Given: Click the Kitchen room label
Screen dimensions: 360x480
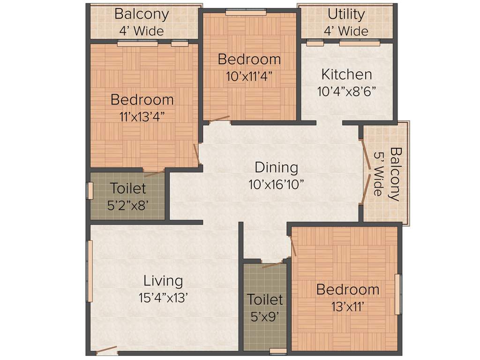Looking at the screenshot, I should coord(346,74).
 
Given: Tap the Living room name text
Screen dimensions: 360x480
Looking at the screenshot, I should coord(163,281).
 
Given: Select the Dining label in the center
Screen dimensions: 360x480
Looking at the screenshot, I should coord(276,167).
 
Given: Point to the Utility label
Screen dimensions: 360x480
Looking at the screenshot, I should coord(346,14).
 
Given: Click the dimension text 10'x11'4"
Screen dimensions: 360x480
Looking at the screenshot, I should coord(249,76).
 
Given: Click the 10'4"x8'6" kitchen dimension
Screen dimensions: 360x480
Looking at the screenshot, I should coord(346,90).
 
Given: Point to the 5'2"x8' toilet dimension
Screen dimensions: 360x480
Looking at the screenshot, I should coord(128,205).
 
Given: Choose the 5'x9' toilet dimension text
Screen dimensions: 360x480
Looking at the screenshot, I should coord(265,316).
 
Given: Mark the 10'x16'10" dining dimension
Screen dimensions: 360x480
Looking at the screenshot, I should coord(276,184).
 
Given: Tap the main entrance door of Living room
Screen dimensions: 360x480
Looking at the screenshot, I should coord(107,350).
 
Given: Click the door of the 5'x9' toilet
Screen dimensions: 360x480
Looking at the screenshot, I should coord(272,265).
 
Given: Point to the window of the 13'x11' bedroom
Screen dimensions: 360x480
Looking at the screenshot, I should coord(397,294).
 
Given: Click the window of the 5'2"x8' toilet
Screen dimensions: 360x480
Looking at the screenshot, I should coord(90,190).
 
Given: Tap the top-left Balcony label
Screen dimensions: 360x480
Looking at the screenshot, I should coord(141,14).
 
